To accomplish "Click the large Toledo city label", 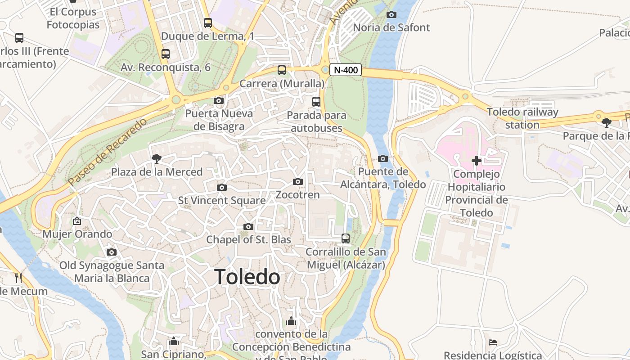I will (247, 277).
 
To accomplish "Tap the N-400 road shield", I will (346, 70).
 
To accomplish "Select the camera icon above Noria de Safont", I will (391, 14).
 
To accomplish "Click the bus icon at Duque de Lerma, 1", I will (208, 22).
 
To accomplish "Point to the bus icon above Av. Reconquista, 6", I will (166, 54).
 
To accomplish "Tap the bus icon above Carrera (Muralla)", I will (282, 70).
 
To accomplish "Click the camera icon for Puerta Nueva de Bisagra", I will (219, 100).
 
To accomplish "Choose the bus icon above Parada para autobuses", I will (316, 102).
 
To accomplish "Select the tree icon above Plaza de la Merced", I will (157, 158).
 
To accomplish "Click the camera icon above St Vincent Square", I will (221, 187).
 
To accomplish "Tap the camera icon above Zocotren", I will (297, 182).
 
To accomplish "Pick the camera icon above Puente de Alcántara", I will (383, 158).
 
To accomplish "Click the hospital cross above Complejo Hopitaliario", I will (477, 161).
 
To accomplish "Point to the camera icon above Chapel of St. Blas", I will (248, 226).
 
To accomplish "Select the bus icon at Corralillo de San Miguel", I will (346, 238).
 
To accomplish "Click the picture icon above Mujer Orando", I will (77, 221).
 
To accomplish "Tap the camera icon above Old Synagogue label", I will (112, 252).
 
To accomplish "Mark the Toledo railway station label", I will (522, 118).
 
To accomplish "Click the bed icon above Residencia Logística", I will (493, 342).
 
